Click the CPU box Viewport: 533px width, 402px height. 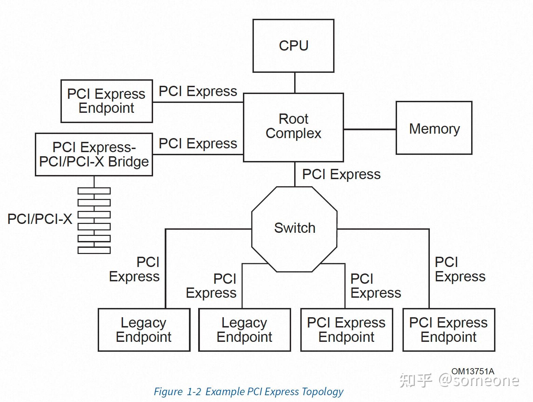[293, 46]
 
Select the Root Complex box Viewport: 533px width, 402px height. [293, 128]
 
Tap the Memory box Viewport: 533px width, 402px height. [434, 128]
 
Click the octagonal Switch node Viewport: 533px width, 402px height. [294, 229]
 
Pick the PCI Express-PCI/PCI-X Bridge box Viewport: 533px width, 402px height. [94, 155]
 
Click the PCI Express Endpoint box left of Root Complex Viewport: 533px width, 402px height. [107, 101]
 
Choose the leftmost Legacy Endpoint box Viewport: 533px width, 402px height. [144, 330]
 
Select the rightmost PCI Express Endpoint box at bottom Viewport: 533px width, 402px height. [449, 330]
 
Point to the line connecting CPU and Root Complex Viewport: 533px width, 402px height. [295, 83]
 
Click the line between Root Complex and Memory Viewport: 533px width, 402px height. [370, 129]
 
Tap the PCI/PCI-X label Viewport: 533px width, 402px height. [40, 219]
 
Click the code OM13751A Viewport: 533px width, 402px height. [473, 371]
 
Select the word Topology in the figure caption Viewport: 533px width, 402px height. [323, 392]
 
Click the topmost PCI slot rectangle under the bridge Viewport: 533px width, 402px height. [94, 191]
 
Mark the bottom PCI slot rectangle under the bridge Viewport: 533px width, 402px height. [94, 250]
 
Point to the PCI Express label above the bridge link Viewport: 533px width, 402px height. [198, 144]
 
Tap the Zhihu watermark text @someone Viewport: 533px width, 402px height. [479, 380]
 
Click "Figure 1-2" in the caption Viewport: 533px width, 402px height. [178, 392]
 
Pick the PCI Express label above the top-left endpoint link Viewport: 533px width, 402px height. [198, 92]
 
